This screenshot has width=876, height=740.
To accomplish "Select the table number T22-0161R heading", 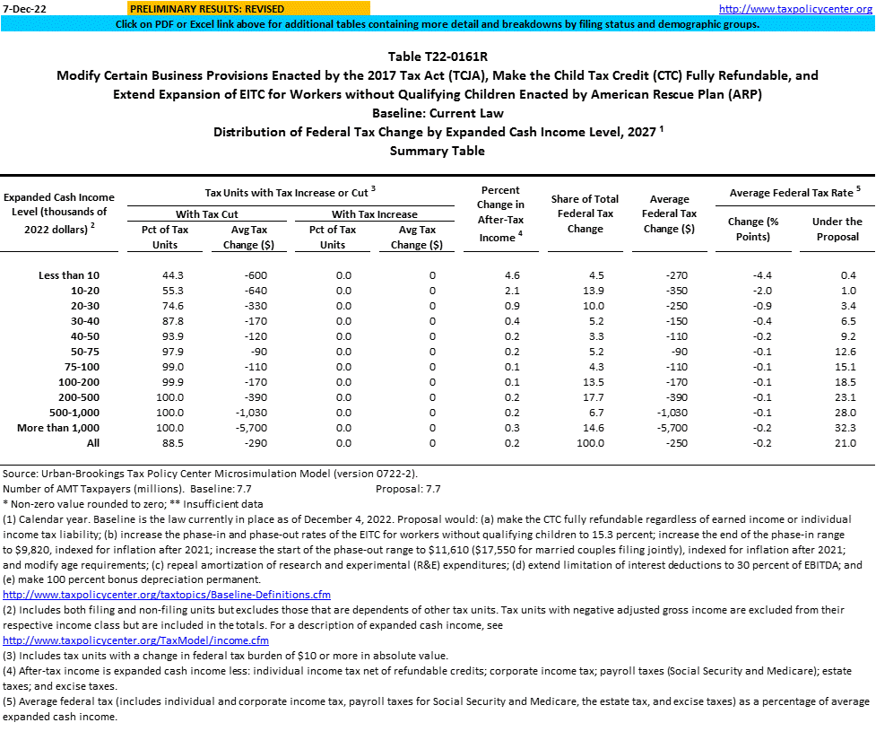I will [x=438, y=57].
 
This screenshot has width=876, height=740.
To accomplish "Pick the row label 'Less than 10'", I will [x=69, y=274].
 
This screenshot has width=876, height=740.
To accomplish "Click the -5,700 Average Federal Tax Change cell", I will [x=669, y=428].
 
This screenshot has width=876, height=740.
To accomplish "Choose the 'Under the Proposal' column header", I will [x=837, y=229].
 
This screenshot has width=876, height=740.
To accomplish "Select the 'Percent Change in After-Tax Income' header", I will [x=501, y=214].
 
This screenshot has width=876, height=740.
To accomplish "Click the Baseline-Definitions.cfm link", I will [x=167, y=594].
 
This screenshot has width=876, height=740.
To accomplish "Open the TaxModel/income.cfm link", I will [x=136, y=640].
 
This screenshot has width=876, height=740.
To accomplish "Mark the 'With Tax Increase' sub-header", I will [x=374, y=214].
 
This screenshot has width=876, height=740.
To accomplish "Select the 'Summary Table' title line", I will [x=438, y=151].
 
